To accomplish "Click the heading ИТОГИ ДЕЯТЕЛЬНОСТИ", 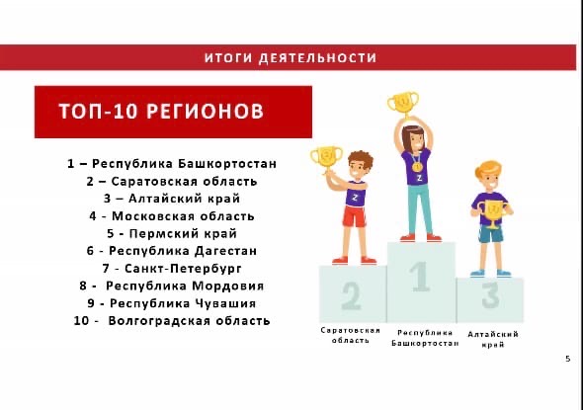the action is coord(291,58).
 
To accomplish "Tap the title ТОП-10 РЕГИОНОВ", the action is coord(161,111).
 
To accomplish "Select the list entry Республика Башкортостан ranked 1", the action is coord(172,164).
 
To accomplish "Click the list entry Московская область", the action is coord(172,216).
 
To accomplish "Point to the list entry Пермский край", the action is coord(172,233).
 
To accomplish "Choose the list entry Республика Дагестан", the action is coord(172,251).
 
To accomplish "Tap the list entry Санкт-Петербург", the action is coord(172,269).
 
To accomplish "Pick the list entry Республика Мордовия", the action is coord(172,286).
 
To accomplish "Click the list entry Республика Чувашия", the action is coord(172,303).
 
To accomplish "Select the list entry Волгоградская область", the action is coord(172,321).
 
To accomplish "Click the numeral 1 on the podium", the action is coord(420,277).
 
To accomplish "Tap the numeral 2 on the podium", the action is coord(351,295).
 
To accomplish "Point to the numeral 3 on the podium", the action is coord(490,295).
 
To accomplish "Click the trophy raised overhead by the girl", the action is coord(403,104).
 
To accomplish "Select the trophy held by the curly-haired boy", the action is coord(326,158).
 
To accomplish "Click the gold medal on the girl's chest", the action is coord(417,167).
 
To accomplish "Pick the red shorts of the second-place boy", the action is coord(354,216).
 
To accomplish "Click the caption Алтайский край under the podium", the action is coord(493,339).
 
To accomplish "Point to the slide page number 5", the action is coord(568,359).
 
